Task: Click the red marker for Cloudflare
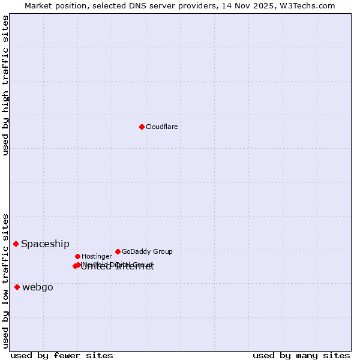point(142,127)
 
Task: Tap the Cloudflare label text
point(162,127)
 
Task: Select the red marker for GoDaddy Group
point(118,251)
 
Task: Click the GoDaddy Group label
point(147,252)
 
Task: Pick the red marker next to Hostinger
point(77,256)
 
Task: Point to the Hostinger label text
point(97,257)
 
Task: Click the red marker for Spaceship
point(16,244)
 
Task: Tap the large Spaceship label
point(45,244)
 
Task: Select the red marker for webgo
point(17,287)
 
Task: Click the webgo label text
point(38,287)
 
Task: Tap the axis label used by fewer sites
point(62,355)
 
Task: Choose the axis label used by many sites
point(301,355)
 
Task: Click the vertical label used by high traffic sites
point(5,85)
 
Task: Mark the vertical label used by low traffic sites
point(5,281)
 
